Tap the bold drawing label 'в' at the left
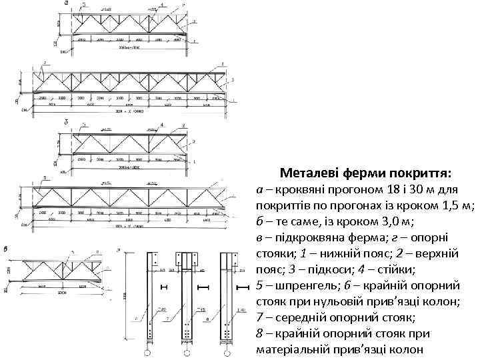[x=6, y=248]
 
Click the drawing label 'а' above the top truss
[x=66, y=3]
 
